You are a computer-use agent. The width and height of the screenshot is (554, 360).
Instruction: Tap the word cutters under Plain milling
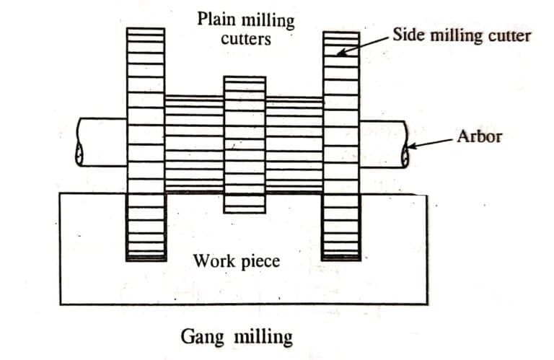tap(246, 38)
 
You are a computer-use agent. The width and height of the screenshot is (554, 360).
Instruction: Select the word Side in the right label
tap(406, 35)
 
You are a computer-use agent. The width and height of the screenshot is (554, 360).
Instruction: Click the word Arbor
tap(478, 136)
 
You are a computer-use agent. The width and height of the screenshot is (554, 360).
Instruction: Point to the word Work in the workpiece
tap(212, 260)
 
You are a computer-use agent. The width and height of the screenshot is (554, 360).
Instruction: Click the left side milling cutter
tap(146, 144)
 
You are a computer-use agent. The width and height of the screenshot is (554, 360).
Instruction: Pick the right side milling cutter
tap(341, 144)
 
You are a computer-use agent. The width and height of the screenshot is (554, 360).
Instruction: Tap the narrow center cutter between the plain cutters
tap(245, 144)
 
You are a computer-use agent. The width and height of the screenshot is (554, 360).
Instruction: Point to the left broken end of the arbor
tap(79, 142)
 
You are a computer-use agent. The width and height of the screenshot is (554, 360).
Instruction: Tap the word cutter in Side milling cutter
tap(508, 35)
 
